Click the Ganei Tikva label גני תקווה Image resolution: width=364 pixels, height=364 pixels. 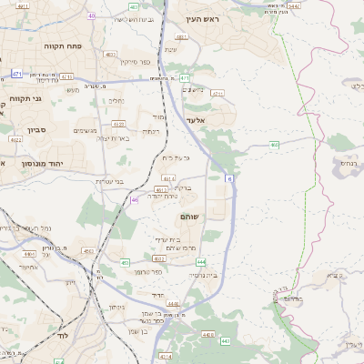[x=21, y=96]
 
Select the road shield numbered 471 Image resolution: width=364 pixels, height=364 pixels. [x=17, y=73]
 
